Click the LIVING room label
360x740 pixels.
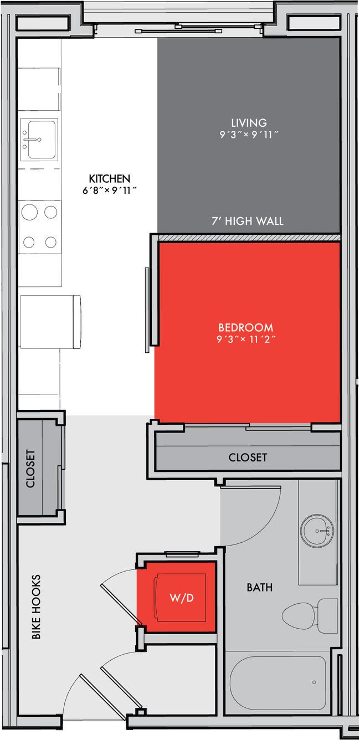[249, 122]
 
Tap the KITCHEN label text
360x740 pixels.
[109, 178]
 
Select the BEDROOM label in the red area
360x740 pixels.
[245, 327]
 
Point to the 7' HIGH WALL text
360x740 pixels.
[247, 222]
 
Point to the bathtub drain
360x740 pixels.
[314, 682]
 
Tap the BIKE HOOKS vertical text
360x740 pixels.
[36, 607]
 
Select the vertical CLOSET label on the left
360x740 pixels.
[30, 468]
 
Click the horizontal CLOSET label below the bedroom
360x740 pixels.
[248, 458]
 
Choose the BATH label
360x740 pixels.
[259, 587]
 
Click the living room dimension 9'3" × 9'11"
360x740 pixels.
[249, 134]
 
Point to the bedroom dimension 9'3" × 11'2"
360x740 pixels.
[245, 339]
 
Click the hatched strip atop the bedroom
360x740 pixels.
[248, 238]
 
